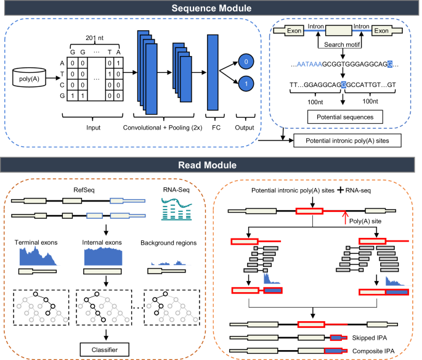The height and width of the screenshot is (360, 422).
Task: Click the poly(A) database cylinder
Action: (x=29, y=77)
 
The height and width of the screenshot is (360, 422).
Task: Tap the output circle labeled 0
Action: (x=246, y=62)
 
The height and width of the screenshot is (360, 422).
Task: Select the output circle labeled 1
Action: (x=246, y=84)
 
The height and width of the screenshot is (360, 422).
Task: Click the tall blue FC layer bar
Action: (x=213, y=72)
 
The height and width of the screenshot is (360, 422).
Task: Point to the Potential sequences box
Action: (x=345, y=117)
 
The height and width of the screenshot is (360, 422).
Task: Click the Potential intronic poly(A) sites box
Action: (x=347, y=141)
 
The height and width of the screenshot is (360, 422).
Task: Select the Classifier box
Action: (x=105, y=350)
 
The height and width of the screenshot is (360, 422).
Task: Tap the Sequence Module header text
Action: (x=211, y=8)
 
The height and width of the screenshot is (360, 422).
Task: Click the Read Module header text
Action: (x=207, y=165)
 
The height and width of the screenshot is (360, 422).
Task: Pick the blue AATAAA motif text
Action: (x=309, y=64)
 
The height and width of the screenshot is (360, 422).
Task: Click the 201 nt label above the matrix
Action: (x=94, y=38)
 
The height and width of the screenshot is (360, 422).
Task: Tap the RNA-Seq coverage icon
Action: (x=177, y=209)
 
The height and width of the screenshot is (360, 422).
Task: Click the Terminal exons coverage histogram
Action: (x=38, y=256)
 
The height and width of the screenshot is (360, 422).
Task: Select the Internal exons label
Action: (x=102, y=242)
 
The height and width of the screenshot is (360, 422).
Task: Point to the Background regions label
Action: (x=168, y=243)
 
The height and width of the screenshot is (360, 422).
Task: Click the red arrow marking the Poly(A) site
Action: (x=345, y=218)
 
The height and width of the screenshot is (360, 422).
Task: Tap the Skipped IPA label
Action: (x=370, y=338)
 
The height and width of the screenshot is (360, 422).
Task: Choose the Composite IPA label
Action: (x=373, y=351)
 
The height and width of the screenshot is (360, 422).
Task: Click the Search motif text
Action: (x=342, y=44)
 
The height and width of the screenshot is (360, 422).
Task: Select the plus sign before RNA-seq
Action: (x=340, y=190)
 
